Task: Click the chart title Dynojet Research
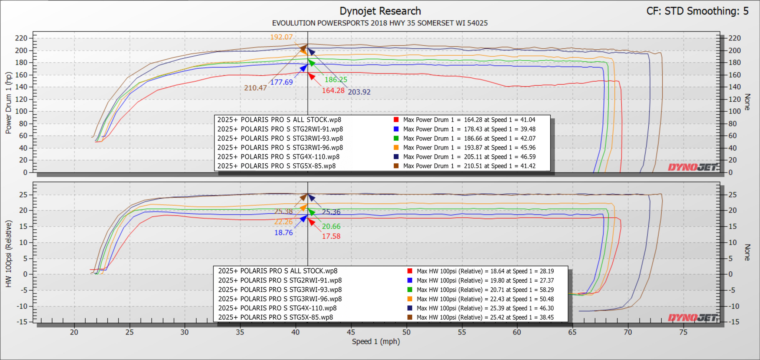point(380,11)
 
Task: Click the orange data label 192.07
point(281,37)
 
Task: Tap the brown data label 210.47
point(255,88)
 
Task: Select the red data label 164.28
point(333,91)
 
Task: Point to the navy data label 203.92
point(359,92)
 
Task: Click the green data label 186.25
point(336,80)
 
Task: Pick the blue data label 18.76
point(284,233)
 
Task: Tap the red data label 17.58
point(331,236)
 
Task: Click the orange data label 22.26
point(284,222)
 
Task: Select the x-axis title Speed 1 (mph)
point(376,342)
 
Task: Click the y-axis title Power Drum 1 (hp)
point(9,103)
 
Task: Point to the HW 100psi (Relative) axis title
point(9,254)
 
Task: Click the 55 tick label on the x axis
point(462,332)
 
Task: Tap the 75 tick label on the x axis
point(683,332)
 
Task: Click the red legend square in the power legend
point(396,120)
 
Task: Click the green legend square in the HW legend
point(410,290)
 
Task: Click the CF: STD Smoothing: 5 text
point(698,11)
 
